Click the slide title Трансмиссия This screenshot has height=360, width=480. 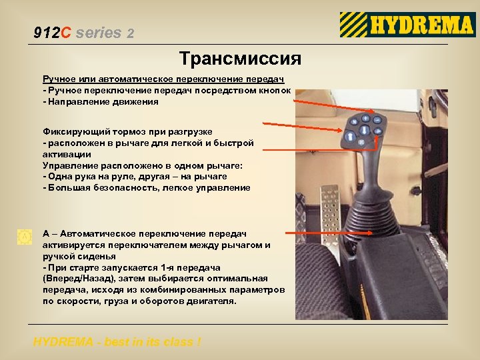coord(240,59)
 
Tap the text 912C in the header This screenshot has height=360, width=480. coord(52,32)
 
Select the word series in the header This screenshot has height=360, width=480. coord(99,32)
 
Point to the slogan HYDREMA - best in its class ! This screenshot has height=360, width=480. coord(117,342)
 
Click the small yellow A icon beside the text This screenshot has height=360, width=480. coord(25,236)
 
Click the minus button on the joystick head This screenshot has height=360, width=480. coord(377,120)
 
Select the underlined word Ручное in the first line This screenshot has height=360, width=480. coord(60,80)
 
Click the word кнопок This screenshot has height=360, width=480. coord(275,91)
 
